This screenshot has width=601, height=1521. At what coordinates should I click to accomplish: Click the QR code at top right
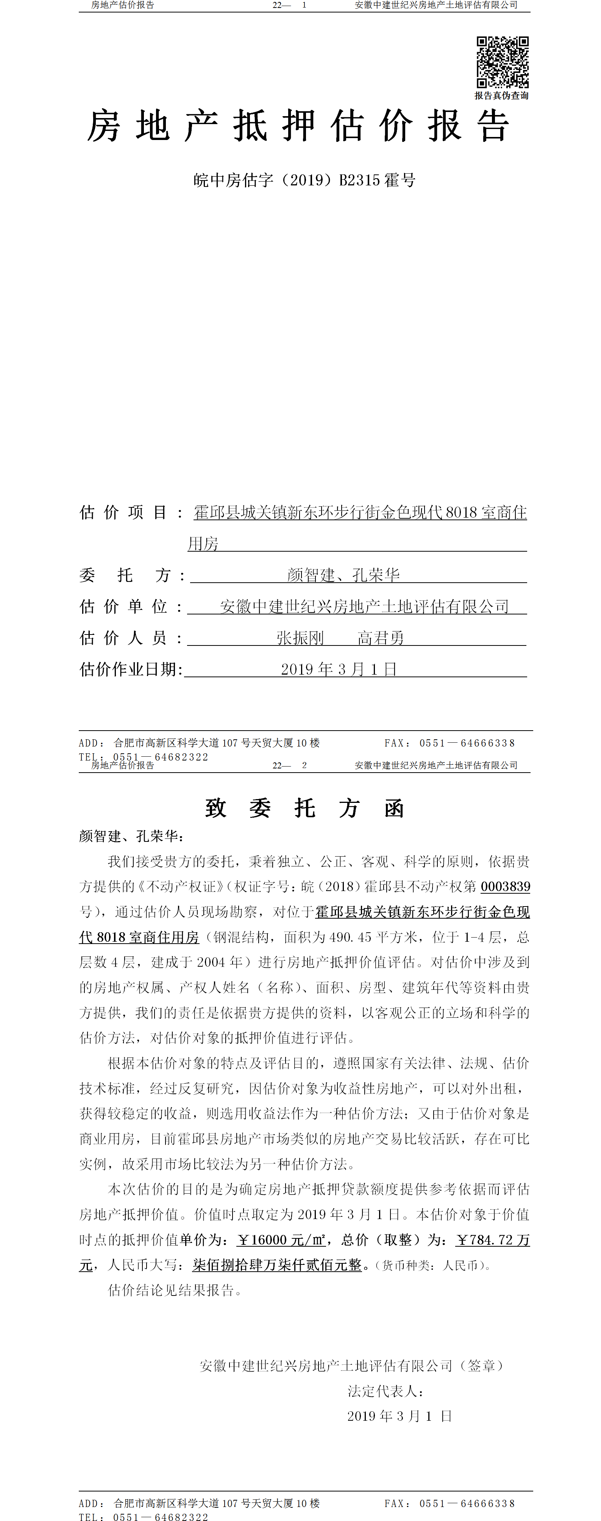click(502, 62)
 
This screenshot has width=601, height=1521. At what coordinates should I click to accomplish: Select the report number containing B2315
click(304, 180)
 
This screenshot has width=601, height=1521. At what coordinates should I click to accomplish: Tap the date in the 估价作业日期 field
click(338, 669)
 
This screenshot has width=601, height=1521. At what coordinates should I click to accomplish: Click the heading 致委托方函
click(304, 808)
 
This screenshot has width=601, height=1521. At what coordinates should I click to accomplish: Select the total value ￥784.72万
click(492, 1240)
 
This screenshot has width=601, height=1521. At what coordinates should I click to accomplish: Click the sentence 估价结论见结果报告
click(175, 1291)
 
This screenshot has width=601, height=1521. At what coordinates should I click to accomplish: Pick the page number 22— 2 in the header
click(290, 765)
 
